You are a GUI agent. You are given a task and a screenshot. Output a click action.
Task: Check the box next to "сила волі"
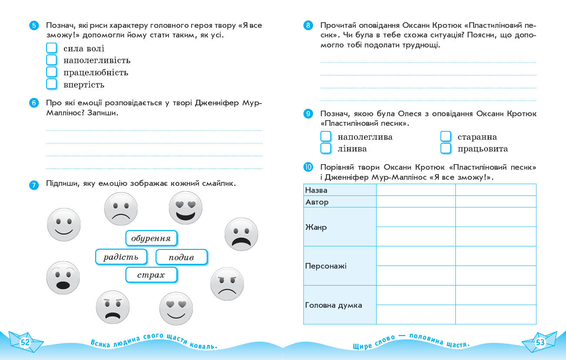52,48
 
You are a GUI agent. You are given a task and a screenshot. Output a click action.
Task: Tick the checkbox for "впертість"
52,84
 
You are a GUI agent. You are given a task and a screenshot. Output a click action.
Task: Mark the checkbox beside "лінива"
326,148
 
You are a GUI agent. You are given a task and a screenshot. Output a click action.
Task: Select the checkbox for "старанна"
445,137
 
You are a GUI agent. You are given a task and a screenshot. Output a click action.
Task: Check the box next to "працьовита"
445,148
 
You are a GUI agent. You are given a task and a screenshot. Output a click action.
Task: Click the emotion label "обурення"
152,239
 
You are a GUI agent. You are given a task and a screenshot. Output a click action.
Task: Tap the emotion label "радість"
121,257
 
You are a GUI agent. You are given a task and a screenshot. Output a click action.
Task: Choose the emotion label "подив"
181,257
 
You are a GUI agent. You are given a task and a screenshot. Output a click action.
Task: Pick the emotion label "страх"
151,275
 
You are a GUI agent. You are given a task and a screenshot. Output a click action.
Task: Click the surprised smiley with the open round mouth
63,278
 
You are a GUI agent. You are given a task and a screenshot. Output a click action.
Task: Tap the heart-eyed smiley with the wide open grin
185,208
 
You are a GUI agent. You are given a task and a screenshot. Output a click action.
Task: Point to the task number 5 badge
34,25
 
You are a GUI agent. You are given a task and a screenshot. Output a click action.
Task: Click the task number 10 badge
308,167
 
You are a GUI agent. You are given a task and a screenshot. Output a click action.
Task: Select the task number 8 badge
308,25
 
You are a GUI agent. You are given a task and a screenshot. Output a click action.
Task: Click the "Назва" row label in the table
317,190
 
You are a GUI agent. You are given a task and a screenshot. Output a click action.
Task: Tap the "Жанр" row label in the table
316,227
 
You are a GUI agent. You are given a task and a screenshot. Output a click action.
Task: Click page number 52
25,342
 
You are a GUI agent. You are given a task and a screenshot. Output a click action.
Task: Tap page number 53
540,342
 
